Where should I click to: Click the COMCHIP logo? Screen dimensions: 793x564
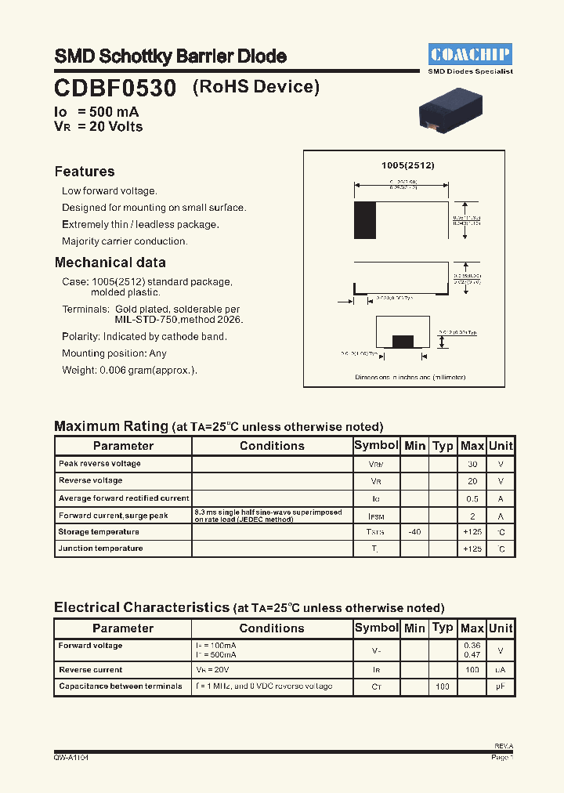(x=470, y=54)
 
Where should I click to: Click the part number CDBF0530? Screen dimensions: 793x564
(x=115, y=88)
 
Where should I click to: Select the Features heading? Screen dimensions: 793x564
(x=85, y=172)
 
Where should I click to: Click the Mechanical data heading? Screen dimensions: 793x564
(x=110, y=263)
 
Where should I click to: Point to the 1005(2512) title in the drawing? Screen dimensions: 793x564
(x=407, y=166)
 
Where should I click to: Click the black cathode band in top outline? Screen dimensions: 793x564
(x=365, y=215)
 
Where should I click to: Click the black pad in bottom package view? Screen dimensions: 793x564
(x=403, y=341)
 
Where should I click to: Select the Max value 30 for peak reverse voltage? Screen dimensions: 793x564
(x=472, y=464)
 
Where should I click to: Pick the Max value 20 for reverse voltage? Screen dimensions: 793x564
(x=472, y=481)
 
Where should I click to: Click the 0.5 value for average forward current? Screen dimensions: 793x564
(x=472, y=498)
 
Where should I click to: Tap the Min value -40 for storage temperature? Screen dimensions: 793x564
(x=414, y=532)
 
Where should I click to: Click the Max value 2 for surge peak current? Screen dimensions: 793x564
(x=472, y=516)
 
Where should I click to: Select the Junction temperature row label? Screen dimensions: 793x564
(x=100, y=549)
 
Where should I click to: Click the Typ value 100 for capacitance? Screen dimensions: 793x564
(x=443, y=686)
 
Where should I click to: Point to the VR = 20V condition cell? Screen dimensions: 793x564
(x=212, y=670)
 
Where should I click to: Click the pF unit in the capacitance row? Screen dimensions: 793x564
(x=501, y=686)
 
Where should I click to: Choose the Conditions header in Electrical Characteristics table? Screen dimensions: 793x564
(x=272, y=628)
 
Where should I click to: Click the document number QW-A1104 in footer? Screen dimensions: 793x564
(x=70, y=758)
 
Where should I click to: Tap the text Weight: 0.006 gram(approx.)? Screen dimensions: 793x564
(x=129, y=371)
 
